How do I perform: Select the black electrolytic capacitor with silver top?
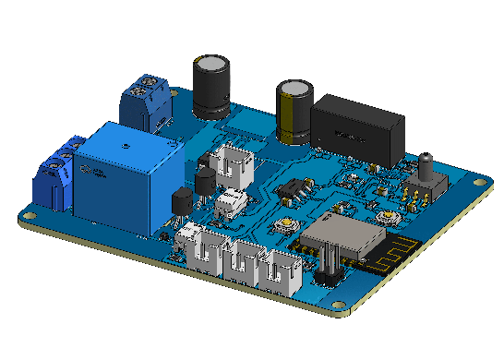(211, 87)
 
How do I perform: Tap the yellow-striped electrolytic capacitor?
(296, 112)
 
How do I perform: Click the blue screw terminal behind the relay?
(146, 103)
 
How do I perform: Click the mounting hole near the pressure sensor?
(478, 184)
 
